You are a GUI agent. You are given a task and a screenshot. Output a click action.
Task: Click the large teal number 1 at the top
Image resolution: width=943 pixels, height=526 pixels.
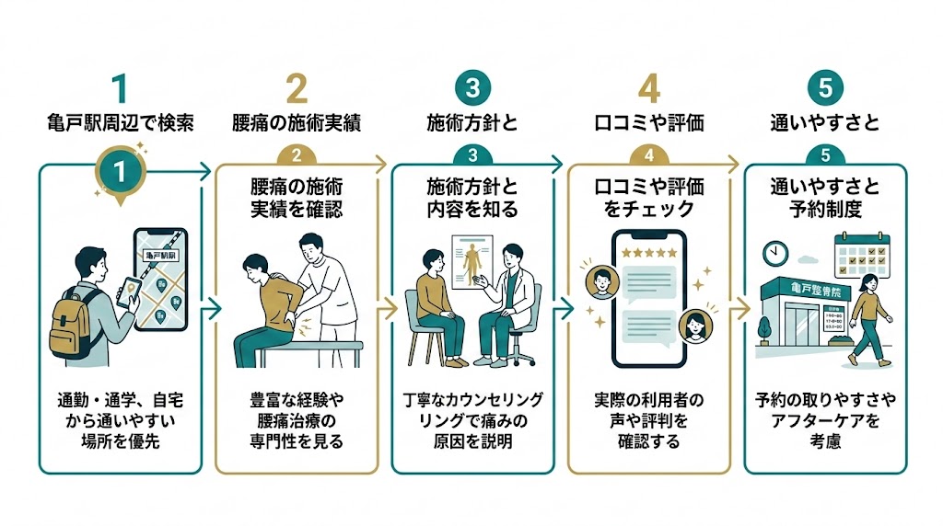120,88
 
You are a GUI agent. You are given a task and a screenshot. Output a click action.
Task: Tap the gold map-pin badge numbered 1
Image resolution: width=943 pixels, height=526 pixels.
120,172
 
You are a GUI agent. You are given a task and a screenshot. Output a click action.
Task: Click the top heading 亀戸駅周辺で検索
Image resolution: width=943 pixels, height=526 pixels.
120,123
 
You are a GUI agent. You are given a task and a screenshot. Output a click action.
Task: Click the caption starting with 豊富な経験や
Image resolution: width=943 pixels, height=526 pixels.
297,420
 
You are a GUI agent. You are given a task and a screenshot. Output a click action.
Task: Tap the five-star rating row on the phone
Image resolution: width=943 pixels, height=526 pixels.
648,251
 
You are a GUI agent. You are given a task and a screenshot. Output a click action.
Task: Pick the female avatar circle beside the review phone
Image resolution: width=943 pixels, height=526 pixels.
696,324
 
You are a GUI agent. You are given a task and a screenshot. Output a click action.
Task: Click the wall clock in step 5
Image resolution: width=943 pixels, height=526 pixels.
774,252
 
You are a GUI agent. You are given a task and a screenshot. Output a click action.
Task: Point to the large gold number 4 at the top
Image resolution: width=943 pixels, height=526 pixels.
649,88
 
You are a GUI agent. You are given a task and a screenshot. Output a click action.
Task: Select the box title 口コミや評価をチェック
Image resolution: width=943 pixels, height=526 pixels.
648,197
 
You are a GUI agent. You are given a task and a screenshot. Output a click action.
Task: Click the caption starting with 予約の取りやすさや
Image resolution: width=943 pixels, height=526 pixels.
825,420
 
